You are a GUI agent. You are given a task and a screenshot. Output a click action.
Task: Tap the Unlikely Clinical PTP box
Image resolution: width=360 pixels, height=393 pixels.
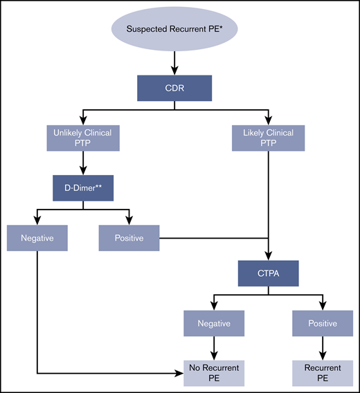(x=83, y=138)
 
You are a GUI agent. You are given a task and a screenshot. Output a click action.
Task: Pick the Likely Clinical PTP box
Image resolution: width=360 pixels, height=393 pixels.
(x=267, y=138)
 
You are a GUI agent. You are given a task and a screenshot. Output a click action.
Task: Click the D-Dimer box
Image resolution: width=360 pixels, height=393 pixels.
(x=83, y=187)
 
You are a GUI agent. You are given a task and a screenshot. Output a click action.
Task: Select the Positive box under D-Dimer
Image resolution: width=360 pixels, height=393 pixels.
(x=129, y=238)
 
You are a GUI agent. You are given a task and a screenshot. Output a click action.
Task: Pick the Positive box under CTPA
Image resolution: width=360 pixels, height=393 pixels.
(x=321, y=323)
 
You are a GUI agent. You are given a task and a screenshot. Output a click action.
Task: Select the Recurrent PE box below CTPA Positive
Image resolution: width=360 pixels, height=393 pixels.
(x=321, y=374)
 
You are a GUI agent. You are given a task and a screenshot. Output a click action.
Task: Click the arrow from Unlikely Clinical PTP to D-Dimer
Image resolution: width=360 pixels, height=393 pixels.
(x=83, y=163)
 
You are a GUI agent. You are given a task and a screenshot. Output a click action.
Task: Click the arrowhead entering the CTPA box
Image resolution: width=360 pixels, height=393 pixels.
(x=267, y=255)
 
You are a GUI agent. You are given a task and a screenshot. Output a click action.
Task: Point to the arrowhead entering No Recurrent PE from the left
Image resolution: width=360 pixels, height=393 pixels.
(x=178, y=374)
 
